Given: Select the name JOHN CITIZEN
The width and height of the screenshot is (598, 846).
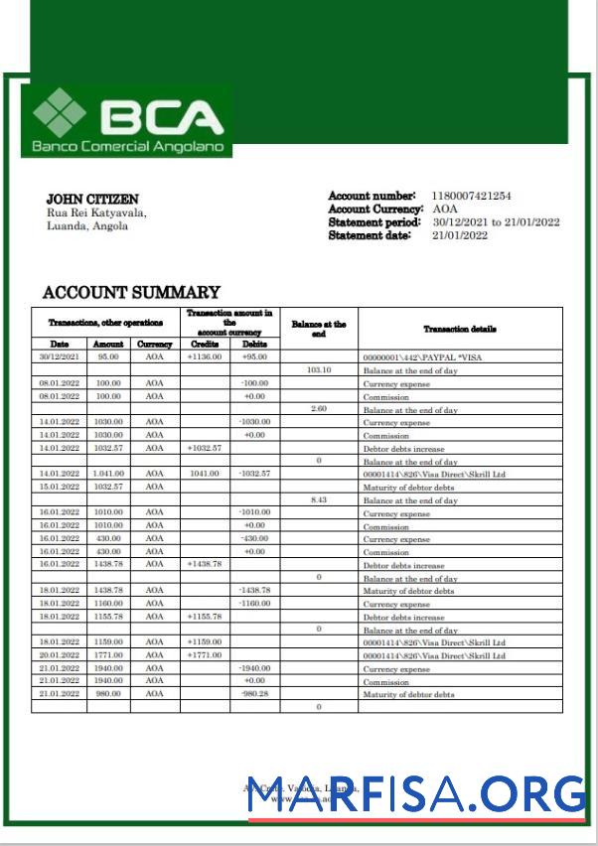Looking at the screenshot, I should click(92, 200).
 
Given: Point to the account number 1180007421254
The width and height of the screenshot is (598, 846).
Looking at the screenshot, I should click(472, 197).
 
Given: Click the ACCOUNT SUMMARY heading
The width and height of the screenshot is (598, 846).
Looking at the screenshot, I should click(131, 292).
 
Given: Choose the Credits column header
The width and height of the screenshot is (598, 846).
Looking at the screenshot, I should click(205, 344).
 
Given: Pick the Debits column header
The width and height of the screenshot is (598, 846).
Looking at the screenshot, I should click(254, 344).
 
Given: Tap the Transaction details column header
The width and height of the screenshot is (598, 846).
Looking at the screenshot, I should click(459, 329).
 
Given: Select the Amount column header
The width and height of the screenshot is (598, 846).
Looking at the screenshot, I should click(108, 344).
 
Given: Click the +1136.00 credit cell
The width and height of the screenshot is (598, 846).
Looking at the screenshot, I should click(205, 355).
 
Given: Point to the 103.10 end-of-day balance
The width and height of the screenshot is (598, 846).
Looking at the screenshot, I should click(318, 369).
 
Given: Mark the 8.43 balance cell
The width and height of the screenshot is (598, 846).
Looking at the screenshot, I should click(318, 500).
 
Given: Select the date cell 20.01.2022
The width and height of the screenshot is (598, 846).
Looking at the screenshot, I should click(59, 655).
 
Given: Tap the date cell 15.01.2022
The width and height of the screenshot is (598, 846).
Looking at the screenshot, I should click(59, 488).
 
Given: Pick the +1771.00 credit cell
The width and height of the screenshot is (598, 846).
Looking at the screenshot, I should click(205, 655).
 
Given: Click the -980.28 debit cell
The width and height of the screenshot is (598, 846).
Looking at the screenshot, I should click(254, 694).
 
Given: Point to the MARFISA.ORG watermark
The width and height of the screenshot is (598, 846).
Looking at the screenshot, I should click(416, 794).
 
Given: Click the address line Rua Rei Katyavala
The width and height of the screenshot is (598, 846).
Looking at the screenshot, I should click(96, 212).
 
